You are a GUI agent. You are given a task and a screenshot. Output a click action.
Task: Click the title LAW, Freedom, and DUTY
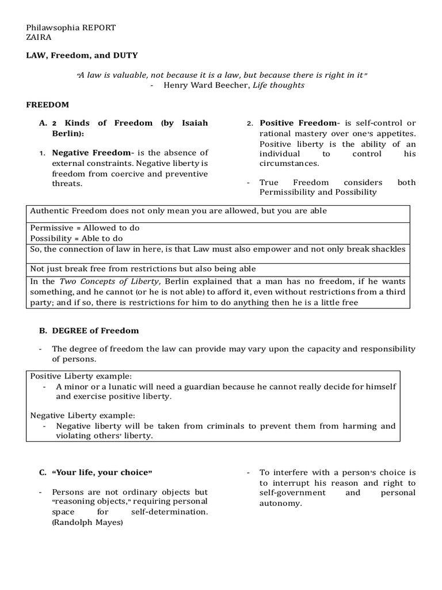(x=82, y=55)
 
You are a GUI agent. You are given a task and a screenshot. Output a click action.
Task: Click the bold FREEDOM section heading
(x=48, y=105)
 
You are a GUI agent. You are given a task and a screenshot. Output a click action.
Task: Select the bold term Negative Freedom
(x=92, y=153)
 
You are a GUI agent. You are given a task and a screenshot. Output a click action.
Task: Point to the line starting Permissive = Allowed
(x=85, y=228)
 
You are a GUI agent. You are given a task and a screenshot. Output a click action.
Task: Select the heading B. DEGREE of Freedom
(x=89, y=331)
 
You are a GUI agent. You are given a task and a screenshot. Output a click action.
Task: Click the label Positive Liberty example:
(x=81, y=375)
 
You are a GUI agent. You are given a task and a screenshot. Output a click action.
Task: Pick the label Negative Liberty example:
(x=83, y=415)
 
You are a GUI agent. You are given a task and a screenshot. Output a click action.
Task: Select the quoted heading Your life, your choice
(x=102, y=472)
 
